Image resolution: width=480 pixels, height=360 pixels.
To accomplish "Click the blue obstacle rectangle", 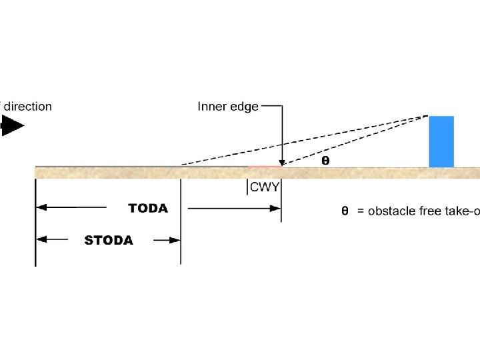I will [441, 141].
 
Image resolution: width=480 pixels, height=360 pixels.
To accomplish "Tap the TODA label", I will [148, 209].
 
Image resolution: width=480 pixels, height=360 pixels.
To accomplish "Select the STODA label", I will [109, 240].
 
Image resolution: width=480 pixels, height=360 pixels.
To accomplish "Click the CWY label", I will [265, 187].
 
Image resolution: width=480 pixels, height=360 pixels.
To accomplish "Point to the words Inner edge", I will [228, 107].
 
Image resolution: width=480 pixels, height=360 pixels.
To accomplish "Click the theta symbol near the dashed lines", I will [325, 161].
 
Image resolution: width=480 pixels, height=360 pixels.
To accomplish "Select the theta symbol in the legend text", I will [345, 211].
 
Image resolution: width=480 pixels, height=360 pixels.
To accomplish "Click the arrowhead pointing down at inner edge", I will [283, 162].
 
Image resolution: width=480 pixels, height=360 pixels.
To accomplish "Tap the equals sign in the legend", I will [361, 211].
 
